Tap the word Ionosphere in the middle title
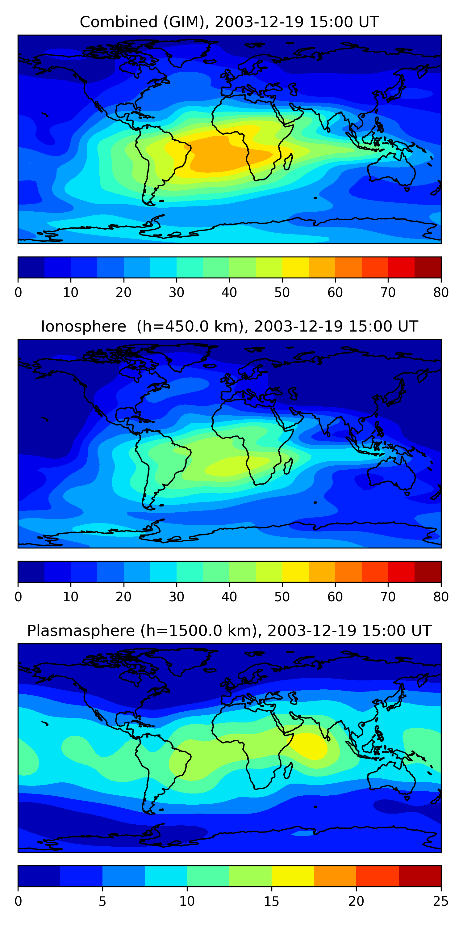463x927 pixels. click(83, 326)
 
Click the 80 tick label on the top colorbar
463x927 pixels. click(441, 293)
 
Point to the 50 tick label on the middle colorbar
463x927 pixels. click(282, 597)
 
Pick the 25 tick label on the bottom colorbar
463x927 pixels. click(441, 901)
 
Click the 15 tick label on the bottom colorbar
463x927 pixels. click(271, 901)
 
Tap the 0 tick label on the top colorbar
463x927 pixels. click(18, 293)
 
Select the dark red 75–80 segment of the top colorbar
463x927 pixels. click(428, 267)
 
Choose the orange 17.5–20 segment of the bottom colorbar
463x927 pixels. click(335, 876)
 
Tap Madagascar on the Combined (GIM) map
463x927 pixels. click(288, 162)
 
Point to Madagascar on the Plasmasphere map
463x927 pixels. click(288, 770)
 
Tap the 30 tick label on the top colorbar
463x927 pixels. click(177, 293)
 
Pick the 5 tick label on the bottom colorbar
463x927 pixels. click(102, 901)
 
